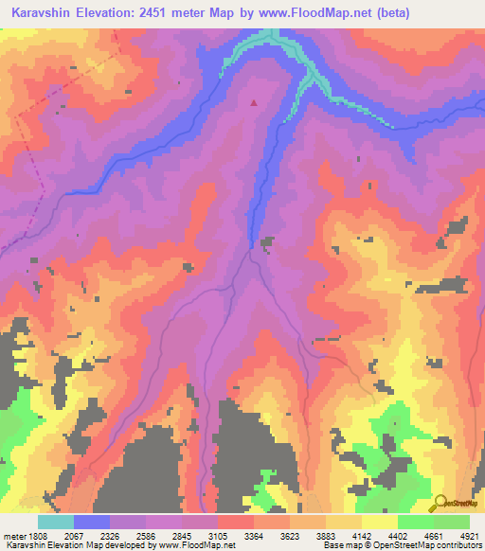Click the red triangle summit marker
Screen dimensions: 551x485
[x=253, y=102]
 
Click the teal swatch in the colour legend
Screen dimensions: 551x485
[x=55, y=522]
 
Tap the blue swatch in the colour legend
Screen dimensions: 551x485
[x=91, y=522]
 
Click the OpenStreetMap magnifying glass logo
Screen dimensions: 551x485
[x=440, y=503]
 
